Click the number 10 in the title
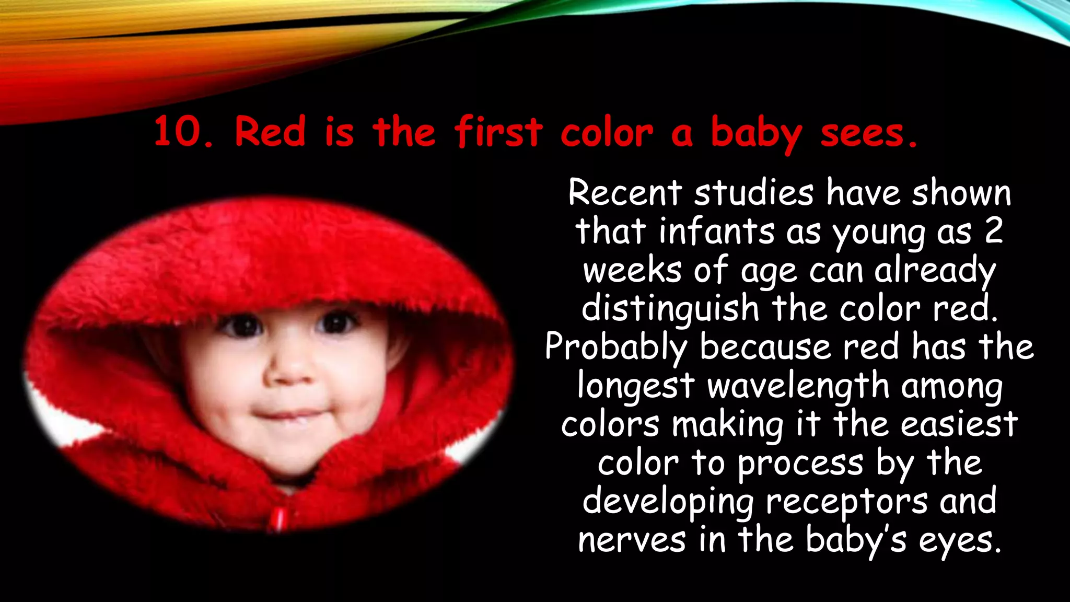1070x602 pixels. point(178,132)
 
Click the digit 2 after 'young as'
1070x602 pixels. point(994,231)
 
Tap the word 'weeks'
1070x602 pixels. point(632,270)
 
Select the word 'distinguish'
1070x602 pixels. point(670,308)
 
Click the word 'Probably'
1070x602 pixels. point(616,347)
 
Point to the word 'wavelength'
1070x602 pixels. point(798,386)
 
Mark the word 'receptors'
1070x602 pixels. point(847,501)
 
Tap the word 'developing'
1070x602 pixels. point(668,502)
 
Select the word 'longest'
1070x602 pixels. point(635,386)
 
